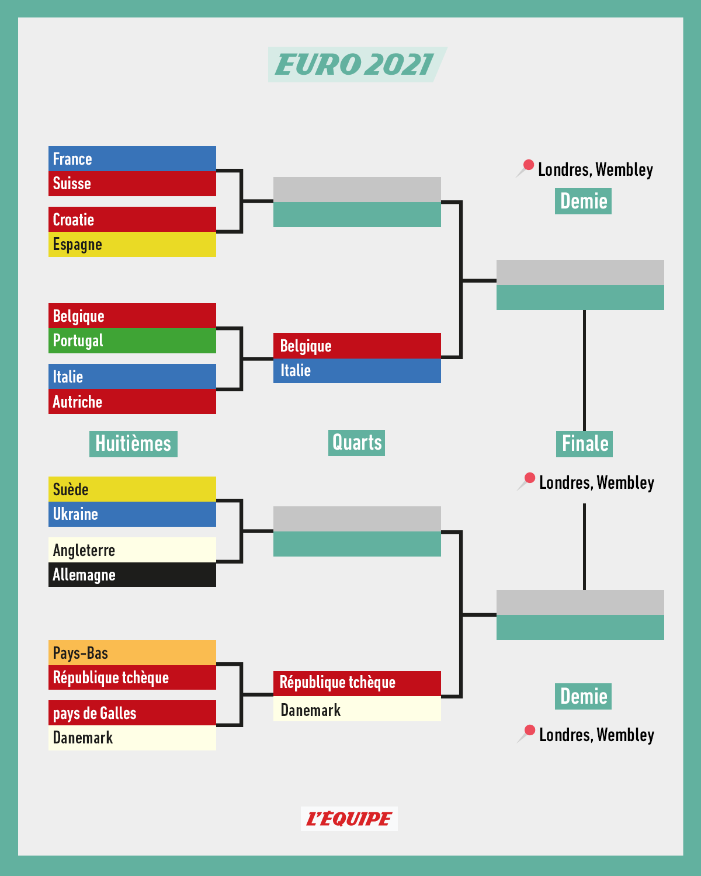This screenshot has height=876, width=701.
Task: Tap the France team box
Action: (x=132, y=159)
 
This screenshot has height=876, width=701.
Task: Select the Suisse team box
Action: (x=132, y=183)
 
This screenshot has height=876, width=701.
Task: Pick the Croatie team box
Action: (x=132, y=220)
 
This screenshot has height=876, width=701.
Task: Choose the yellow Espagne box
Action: (x=132, y=244)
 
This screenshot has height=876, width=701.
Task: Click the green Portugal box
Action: (x=132, y=340)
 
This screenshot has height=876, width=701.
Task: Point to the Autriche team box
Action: (x=132, y=402)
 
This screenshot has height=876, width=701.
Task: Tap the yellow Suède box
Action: (x=132, y=489)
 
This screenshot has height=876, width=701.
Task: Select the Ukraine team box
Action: (x=132, y=514)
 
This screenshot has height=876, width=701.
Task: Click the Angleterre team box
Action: (x=132, y=550)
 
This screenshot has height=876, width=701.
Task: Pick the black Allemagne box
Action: (x=132, y=575)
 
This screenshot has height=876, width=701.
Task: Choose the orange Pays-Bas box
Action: (x=132, y=653)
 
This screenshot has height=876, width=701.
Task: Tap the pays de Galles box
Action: (x=132, y=713)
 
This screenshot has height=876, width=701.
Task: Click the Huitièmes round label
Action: (x=133, y=444)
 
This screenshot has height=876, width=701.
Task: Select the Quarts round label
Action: (x=356, y=443)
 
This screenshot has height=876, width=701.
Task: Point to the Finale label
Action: (x=584, y=444)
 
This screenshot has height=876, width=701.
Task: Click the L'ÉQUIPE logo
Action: (x=349, y=819)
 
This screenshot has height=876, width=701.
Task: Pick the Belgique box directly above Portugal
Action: (x=132, y=316)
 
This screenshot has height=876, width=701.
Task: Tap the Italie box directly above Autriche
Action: (x=132, y=377)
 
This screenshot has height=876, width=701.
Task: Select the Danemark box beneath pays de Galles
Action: (x=132, y=738)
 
